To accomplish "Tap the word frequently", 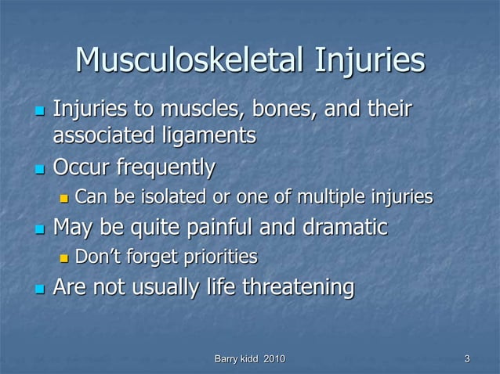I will coord(165,167).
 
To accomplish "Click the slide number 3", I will coord(467,358).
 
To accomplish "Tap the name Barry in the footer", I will coord(226,358).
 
